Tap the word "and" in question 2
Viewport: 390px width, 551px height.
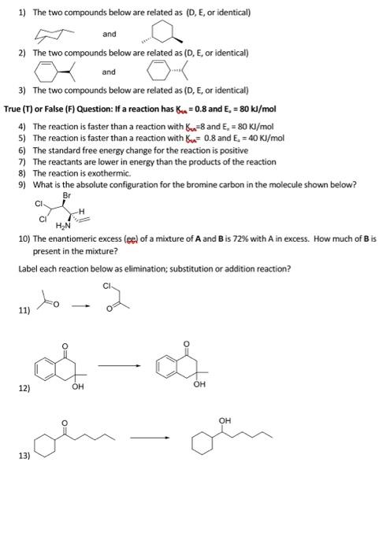(x=109, y=72)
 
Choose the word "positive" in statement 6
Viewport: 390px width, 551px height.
(x=210, y=150)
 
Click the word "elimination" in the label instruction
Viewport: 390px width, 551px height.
(x=109, y=268)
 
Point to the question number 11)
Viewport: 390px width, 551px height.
(x=25, y=309)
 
